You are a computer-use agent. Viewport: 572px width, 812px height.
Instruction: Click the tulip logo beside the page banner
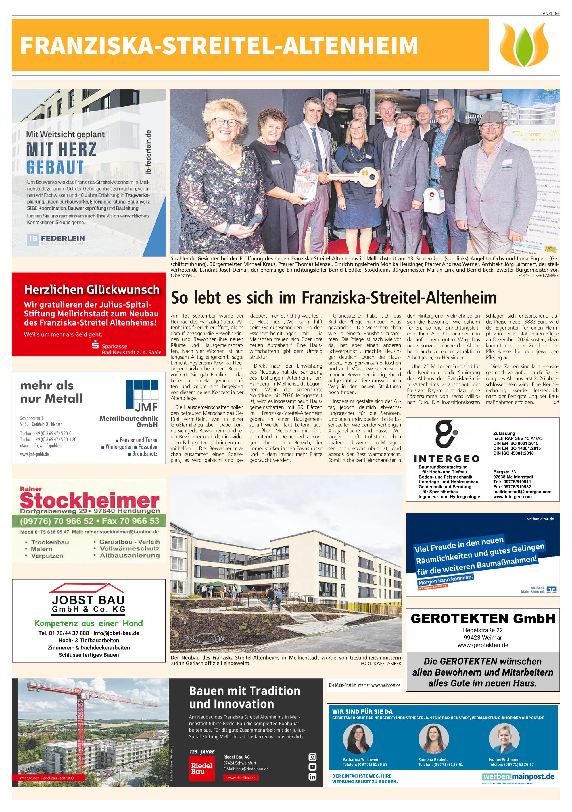(x=524, y=45)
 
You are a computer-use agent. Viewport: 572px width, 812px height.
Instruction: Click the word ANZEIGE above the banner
(x=551, y=13)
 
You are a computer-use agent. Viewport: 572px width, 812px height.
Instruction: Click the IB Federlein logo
(x=57, y=239)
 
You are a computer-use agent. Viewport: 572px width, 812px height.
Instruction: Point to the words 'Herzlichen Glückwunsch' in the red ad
(x=92, y=290)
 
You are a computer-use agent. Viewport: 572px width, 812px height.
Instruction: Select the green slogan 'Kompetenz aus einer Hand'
(x=89, y=623)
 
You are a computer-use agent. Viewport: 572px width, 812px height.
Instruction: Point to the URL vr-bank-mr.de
(x=540, y=519)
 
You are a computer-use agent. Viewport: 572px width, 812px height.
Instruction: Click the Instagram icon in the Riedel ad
(x=312, y=757)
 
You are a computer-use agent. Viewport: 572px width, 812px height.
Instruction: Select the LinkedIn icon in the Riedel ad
(x=312, y=777)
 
